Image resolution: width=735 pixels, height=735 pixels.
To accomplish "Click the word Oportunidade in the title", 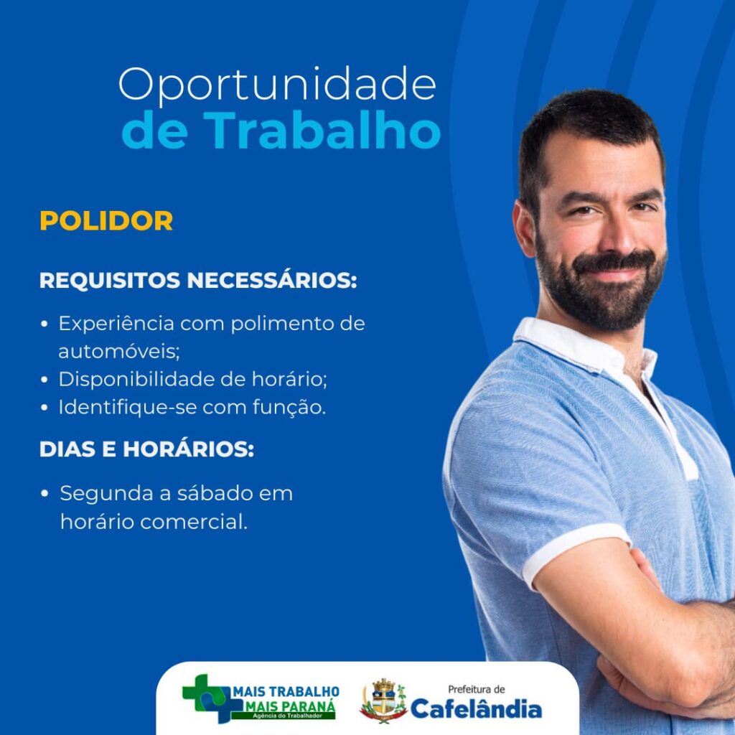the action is pos(277,85).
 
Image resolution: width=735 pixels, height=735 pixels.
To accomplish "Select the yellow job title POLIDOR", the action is pos(106,220).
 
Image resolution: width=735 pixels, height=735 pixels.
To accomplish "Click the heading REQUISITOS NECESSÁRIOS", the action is pos(198,281).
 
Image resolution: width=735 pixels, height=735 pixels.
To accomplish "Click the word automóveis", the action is pos(119,351).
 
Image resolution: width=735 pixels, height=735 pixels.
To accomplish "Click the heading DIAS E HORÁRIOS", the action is pos(146,449).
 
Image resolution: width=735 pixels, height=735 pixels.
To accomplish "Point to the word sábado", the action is pos(215,493).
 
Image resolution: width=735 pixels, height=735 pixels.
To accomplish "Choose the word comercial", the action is pos(194,522).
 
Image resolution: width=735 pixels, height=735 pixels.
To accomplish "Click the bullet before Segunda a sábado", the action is pos(45,494).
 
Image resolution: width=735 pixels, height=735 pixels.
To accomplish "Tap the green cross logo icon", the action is pos(206,699).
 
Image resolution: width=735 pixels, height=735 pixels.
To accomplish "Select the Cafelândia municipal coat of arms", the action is pos(383,701).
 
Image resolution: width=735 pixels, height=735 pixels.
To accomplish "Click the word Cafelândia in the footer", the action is pos(477,708).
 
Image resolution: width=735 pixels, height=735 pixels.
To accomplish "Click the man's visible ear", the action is pos(524,228).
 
